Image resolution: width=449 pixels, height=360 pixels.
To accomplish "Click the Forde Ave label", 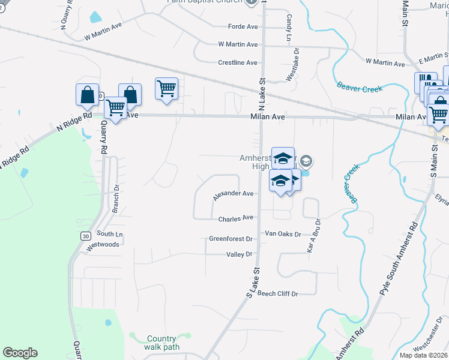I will point(243,26).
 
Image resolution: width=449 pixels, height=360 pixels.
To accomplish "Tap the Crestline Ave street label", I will point(238,62).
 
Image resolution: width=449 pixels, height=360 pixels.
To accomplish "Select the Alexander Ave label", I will point(233,194).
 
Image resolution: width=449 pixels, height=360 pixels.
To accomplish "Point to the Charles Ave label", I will point(236,218).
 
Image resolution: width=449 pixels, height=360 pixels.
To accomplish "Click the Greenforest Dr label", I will point(231,239).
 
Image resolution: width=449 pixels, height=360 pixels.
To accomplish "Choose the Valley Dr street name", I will point(240,254).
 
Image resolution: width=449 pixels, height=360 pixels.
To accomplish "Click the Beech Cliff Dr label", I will point(278,293).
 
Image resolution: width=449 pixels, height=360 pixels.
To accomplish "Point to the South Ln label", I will point(110,234).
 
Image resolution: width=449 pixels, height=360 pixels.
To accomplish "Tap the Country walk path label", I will point(161,343).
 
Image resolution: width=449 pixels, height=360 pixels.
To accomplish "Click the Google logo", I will point(20,353).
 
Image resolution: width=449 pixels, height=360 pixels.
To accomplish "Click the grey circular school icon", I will point(306,161).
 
